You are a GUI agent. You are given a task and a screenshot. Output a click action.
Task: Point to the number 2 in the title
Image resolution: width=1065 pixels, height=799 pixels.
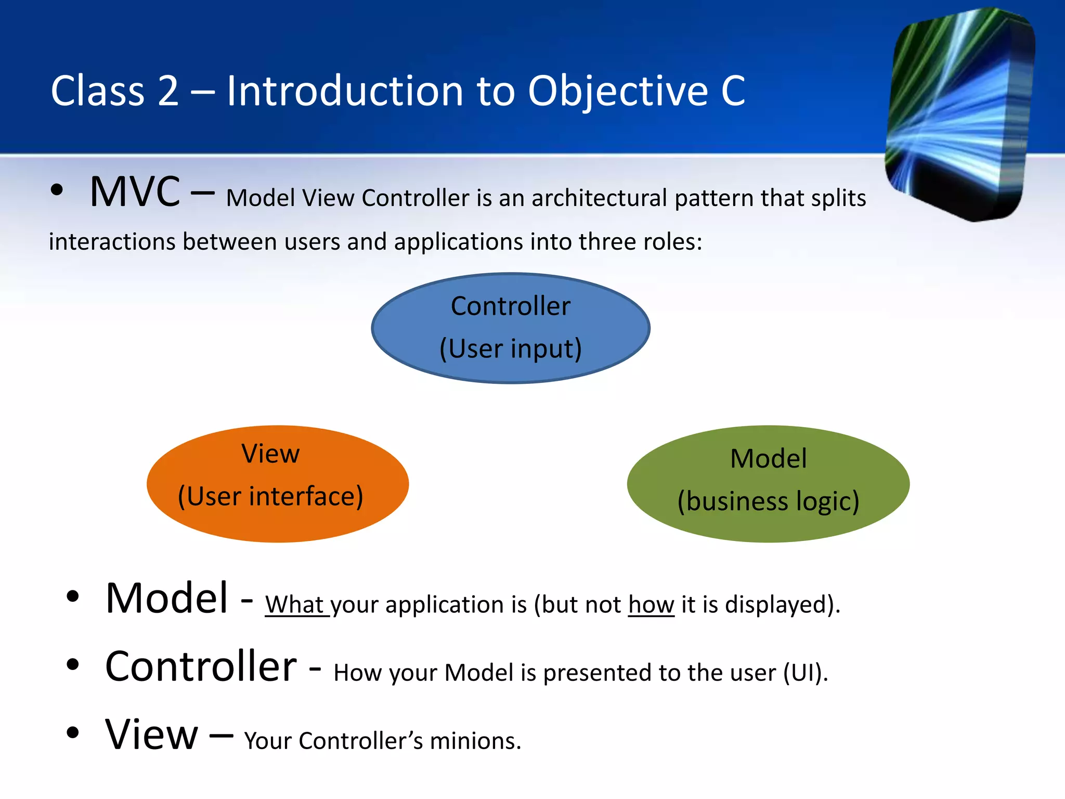(168, 91)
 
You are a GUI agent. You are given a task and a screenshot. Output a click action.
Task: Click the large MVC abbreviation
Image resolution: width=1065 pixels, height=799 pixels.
(135, 192)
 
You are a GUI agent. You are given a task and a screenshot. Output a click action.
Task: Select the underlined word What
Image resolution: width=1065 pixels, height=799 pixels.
(295, 604)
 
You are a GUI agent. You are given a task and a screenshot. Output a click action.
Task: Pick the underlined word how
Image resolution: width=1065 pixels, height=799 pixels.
(651, 604)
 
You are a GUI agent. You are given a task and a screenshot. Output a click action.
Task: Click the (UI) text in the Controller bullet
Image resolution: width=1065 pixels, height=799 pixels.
(806, 673)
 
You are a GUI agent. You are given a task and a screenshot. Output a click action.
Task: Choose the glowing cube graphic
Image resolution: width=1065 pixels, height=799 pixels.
(960, 114)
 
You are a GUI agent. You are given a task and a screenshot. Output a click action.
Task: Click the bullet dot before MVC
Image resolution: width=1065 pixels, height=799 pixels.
(57, 190)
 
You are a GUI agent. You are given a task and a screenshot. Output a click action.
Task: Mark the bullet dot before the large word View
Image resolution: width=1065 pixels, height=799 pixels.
(73, 733)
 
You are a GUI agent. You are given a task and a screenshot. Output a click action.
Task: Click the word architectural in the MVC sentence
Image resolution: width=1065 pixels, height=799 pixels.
(599, 198)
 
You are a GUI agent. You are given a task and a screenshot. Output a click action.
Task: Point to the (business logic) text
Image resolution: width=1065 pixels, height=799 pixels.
(768, 501)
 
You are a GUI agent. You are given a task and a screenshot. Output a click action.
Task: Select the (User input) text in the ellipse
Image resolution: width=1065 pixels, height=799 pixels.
(511, 349)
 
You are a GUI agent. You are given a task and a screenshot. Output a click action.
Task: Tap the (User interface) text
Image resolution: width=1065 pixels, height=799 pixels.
(270, 496)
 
